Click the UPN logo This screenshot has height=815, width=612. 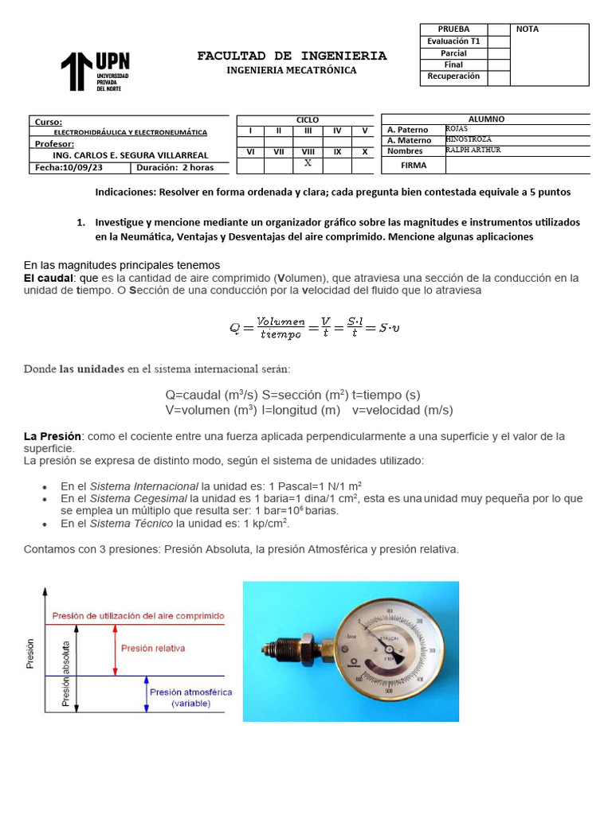click(x=95, y=72)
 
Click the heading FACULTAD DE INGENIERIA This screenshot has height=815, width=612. click(x=292, y=56)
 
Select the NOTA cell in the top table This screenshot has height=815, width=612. click(x=528, y=29)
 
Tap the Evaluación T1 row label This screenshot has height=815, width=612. click(x=453, y=41)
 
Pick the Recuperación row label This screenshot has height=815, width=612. click(x=453, y=76)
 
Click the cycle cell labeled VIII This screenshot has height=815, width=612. click(x=308, y=150)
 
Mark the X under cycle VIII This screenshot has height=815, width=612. click(x=308, y=162)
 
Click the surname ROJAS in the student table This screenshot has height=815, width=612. click(x=457, y=128)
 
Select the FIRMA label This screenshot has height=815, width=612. click(x=413, y=166)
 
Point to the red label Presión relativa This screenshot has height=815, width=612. click(x=153, y=649)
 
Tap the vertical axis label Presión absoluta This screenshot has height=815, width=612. click(x=67, y=673)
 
